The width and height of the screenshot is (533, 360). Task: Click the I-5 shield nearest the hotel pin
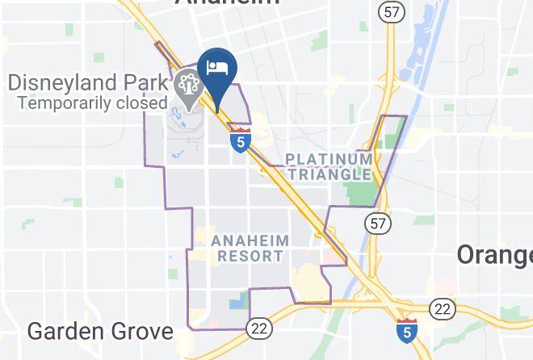point(239,139)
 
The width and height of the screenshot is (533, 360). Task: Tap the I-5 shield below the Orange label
point(407,329)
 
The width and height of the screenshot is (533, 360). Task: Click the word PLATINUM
point(329,159)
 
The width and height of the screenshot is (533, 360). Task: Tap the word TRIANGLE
point(329,174)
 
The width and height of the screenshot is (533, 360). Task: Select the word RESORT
point(250,257)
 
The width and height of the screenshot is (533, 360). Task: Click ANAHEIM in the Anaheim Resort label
point(250,241)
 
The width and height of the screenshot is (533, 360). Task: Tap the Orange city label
point(494,254)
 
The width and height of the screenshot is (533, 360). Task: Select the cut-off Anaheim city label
point(228,3)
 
